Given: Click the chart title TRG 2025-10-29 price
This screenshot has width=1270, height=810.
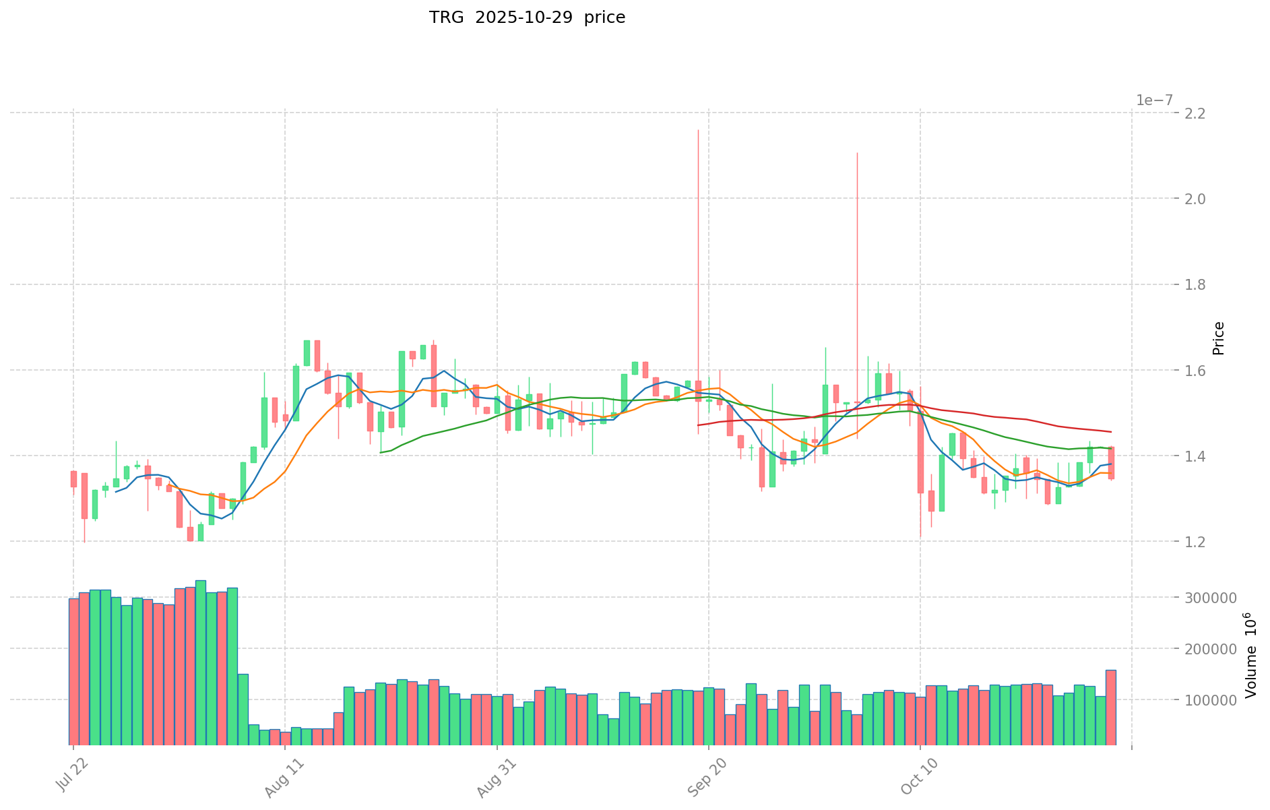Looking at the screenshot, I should tap(527, 18).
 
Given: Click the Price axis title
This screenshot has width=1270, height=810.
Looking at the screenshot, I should tap(1218, 338).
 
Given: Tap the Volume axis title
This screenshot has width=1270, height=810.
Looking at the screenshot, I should tap(1250, 655).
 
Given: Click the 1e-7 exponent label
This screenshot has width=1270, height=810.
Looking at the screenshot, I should tap(1154, 100).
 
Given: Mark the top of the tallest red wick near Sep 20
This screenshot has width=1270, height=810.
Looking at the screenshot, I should tap(698, 130).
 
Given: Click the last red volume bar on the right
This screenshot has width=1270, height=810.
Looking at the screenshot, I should tap(1110, 708).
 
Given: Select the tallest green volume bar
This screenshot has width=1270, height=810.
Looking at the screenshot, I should tap(201, 662).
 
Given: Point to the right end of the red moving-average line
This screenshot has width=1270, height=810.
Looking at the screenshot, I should tap(1110, 432).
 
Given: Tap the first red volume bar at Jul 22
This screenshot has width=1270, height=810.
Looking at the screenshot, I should tap(73, 671).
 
